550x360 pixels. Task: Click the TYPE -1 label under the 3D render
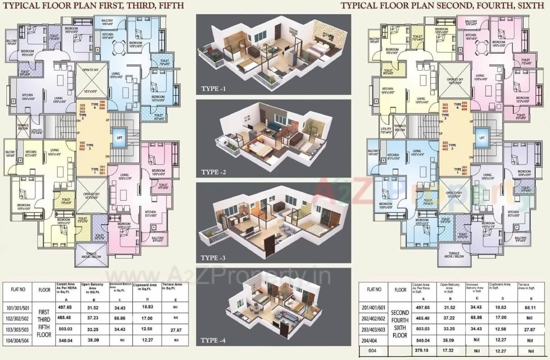tap(214, 89)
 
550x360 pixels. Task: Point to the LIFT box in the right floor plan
tap(481, 138)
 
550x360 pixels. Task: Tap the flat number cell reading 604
tap(372, 351)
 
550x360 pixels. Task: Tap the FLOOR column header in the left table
tap(44, 290)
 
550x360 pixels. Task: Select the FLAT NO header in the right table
tap(374, 290)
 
